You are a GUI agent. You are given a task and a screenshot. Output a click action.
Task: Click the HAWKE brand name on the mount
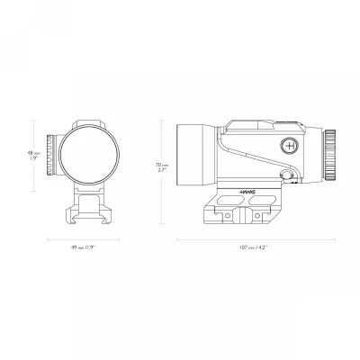pos(248,192)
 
